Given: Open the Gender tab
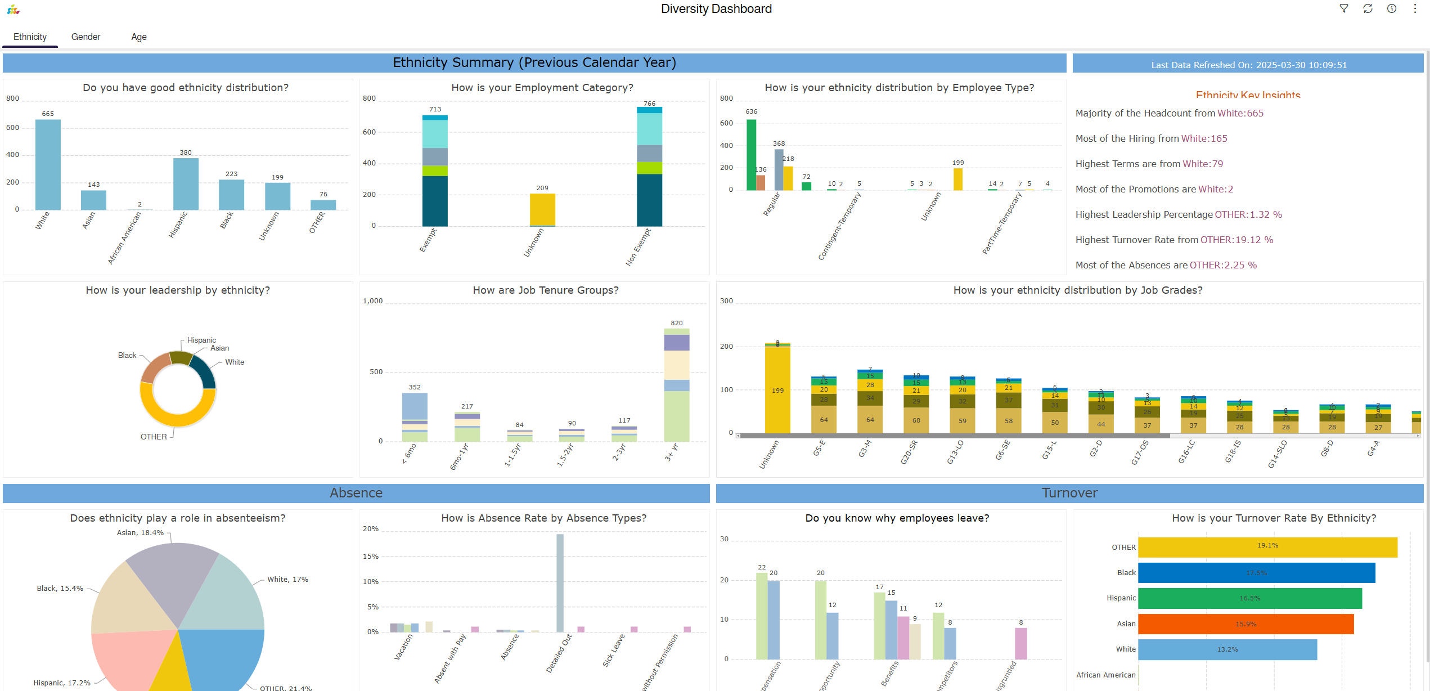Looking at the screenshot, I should click(x=86, y=37).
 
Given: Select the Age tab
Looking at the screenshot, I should click(x=139, y=37).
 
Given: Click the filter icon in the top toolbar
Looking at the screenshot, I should click(x=1344, y=8).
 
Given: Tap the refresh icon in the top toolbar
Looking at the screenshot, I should click(x=1368, y=8).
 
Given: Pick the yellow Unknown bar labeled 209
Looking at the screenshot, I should click(x=542, y=209).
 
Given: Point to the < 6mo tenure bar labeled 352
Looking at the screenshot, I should click(x=415, y=417).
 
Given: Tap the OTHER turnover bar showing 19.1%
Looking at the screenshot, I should click(x=1267, y=548).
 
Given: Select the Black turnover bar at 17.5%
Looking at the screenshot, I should click(x=1256, y=573).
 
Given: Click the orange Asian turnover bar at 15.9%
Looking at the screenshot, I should click(x=1245, y=624).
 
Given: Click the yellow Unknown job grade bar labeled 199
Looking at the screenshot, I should click(x=777, y=389).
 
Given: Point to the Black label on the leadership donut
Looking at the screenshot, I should click(x=127, y=356).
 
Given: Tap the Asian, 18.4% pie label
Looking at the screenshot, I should click(x=140, y=533).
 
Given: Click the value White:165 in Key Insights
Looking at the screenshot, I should click(x=1204, y=139).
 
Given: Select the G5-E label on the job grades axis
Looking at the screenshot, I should click(x=819, y=448).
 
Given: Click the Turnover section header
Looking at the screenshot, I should click(x=1069, y=493).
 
